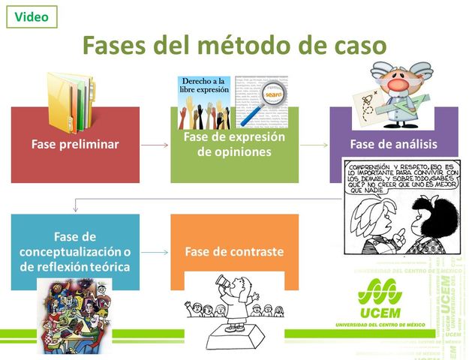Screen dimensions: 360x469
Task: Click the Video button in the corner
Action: click(32, 16)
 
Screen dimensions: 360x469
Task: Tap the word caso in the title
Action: click(356, 46)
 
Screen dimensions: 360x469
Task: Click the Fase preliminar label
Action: click(75, 145)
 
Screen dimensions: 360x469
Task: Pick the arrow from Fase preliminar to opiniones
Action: click(155, 145)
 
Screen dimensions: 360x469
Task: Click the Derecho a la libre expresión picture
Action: click(203, 101)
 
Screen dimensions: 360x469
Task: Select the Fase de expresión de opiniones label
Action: click(234, 145)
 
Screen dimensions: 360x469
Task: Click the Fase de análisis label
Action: click(393, 145)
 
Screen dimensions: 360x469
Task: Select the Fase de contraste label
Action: click(234, 252)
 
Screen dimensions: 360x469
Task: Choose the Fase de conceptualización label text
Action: click(75, 252)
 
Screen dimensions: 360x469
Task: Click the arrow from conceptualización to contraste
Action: click(155, 252)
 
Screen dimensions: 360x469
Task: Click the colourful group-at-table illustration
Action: click(75, 315)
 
